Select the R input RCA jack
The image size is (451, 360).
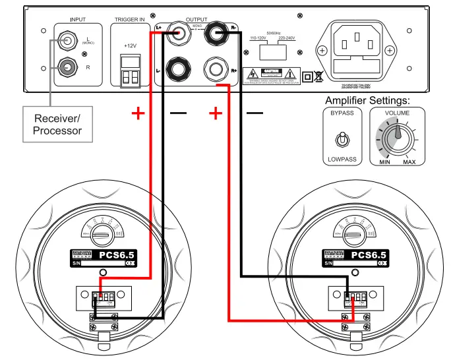[x=67, y=67]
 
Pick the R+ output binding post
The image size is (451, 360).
[x=215, y=68]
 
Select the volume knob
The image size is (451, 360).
[x=397, y=136]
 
